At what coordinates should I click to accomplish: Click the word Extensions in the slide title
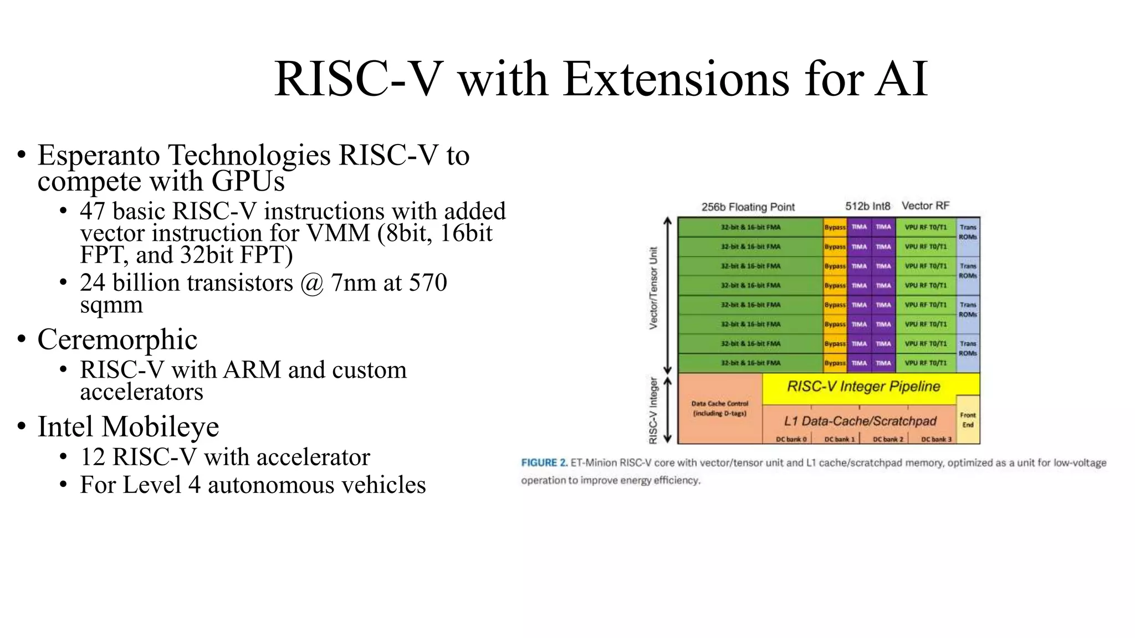676,79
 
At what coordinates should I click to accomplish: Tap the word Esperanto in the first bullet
98,156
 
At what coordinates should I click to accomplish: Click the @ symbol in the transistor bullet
312,283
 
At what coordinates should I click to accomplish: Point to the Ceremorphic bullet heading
117,339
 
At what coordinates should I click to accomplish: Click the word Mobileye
160,427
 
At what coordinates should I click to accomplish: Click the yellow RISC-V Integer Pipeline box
863,387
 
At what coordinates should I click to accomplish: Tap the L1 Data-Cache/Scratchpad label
860,421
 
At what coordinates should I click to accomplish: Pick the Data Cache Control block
719,409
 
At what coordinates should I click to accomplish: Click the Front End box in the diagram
968,420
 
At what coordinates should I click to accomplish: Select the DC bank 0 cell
790,439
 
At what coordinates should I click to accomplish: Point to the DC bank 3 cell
935,439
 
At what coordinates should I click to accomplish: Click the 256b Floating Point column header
748,207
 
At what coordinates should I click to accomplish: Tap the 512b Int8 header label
867,206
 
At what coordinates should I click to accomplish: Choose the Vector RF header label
925,205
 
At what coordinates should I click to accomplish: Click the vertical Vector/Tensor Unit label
653,288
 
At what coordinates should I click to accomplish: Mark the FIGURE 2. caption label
544,463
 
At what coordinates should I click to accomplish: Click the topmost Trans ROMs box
968,232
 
